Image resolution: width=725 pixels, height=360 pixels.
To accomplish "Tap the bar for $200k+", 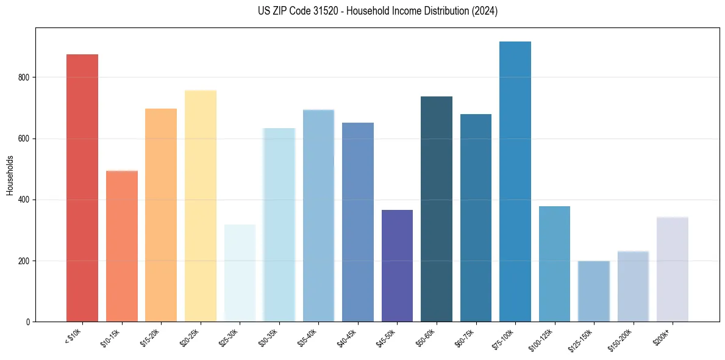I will [672, 269].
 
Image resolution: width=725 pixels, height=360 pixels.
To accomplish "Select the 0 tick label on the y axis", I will [29, 322].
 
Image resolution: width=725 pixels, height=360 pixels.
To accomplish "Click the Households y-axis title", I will [10, 175].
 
